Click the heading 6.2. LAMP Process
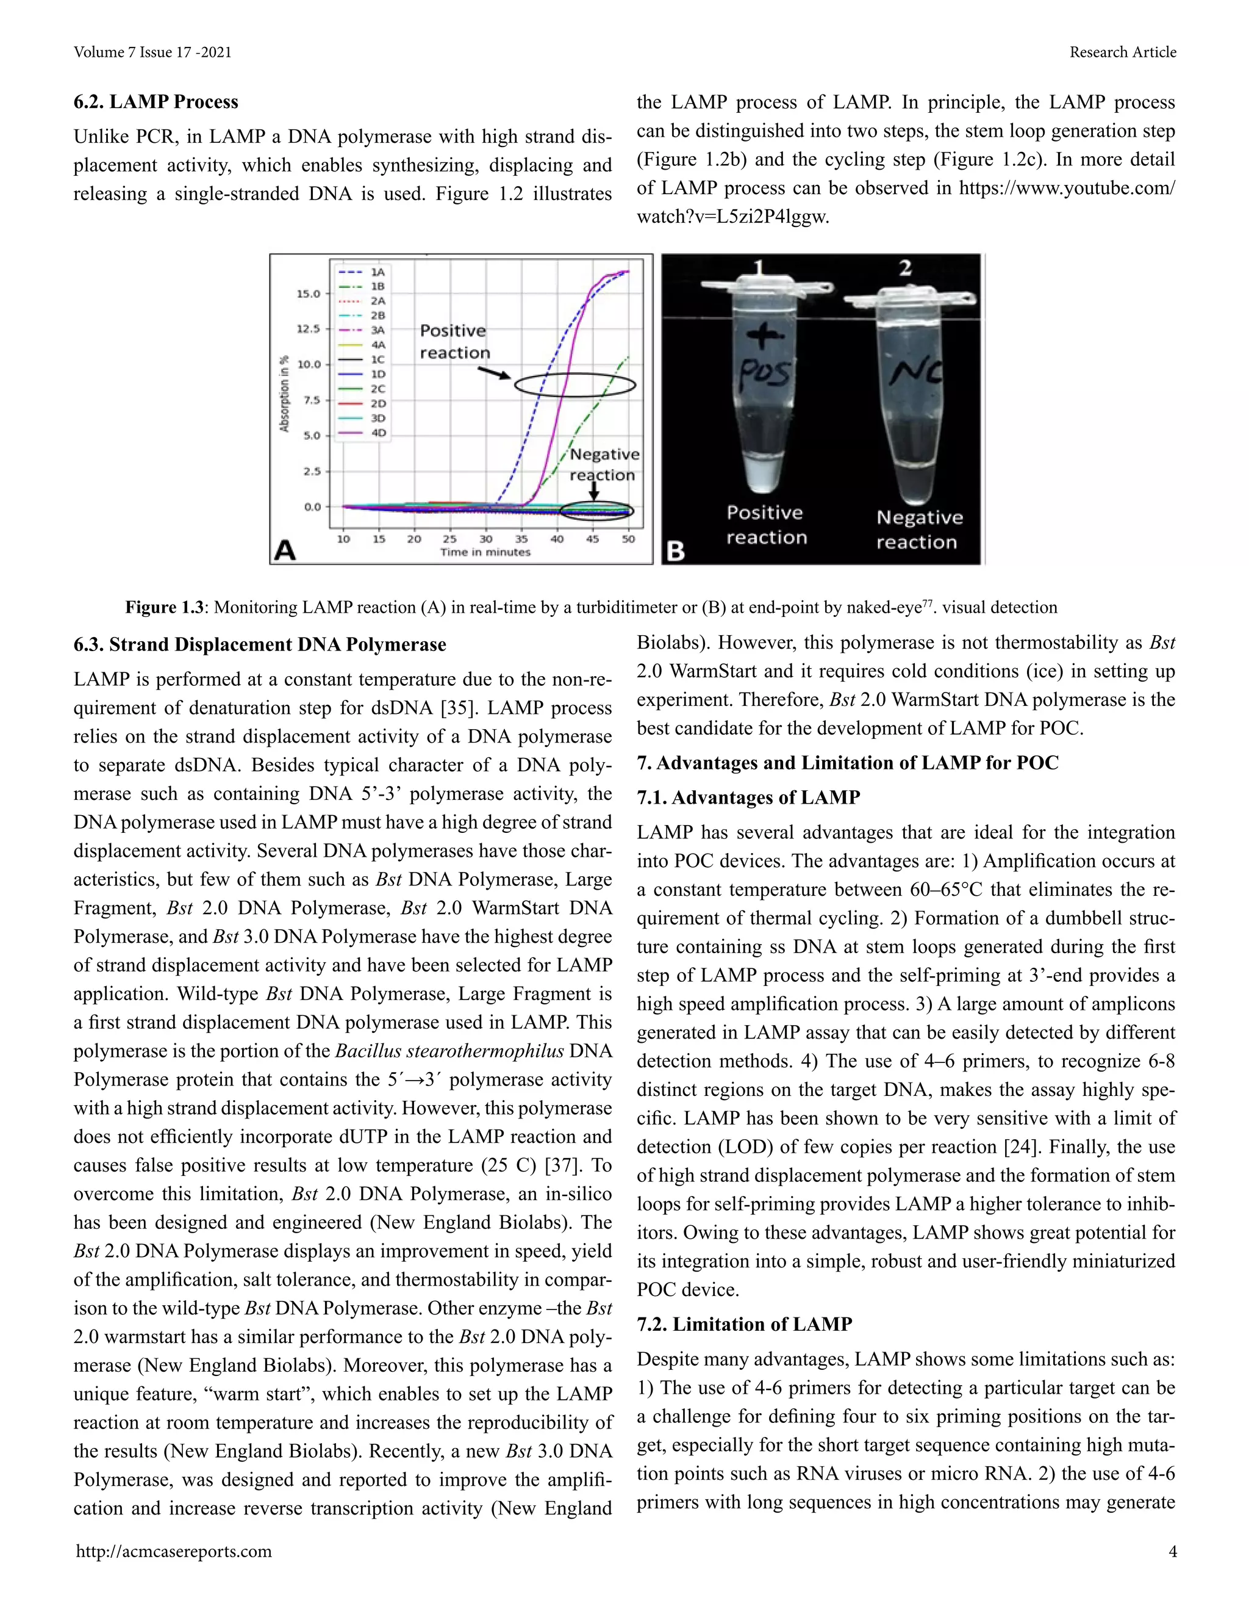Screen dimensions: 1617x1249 [156, 101]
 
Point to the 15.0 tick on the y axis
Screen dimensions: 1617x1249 [309, 294]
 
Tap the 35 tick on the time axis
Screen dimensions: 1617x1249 [521, 539]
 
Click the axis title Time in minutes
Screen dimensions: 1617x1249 [485, 552]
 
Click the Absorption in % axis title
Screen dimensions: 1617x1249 [284, 393]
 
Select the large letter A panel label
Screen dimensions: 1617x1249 [285, 550]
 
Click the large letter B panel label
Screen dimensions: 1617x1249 [676, 551]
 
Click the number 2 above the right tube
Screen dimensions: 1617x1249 [906, 268]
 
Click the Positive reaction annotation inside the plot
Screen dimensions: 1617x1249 [454, 341]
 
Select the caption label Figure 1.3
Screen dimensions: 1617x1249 [164, 608]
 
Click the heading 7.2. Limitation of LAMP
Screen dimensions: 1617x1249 [745, 1325]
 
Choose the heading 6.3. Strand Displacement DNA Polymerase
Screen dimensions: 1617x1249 [260, 645]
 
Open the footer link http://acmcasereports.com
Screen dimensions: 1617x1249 [174, 1552]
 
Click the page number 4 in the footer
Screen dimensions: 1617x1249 [1172, 1552]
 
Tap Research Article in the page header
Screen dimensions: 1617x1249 [1123, 52]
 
